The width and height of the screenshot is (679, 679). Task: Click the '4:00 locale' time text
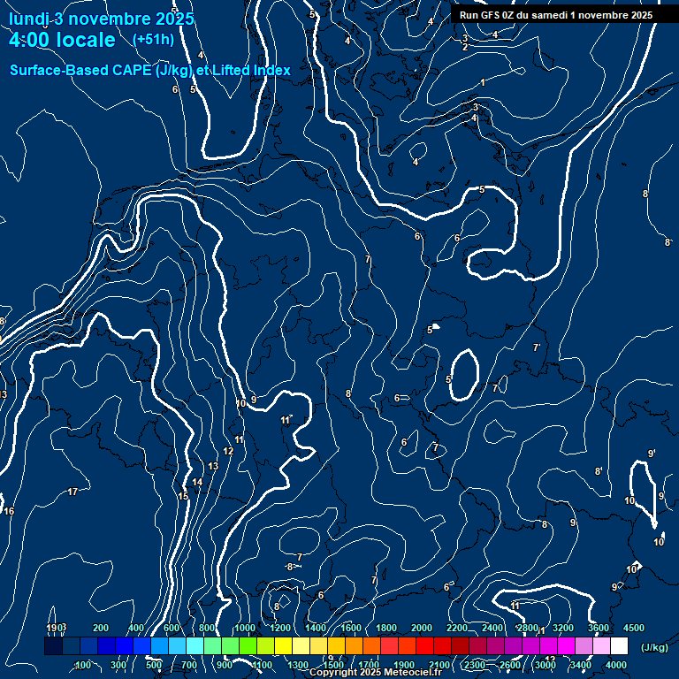click(x=62, y=40)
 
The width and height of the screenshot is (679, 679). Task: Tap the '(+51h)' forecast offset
click(x=153, y=39)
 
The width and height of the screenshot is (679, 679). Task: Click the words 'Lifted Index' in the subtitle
click(x=251, y=70)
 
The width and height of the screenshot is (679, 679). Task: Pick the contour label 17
click(x=72, y=492)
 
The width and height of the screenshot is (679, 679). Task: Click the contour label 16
click(x=9, y=512)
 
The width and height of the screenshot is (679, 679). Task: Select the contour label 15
click(x=183, y=497)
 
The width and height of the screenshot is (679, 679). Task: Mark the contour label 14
click(x=197, y=482)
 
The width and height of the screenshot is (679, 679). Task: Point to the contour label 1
click(x=483, y=82)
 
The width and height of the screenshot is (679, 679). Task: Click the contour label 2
click(x=465, y=47)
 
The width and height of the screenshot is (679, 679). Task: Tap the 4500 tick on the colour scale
click(x=634, y=628)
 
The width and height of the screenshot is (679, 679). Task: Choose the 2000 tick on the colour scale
click(x=422, y=628)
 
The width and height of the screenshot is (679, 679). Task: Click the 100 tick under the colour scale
click(x=83, y=665)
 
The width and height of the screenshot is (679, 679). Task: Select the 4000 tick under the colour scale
click(x=616, y=665)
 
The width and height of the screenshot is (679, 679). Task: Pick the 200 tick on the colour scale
click(x=101, y=628)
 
